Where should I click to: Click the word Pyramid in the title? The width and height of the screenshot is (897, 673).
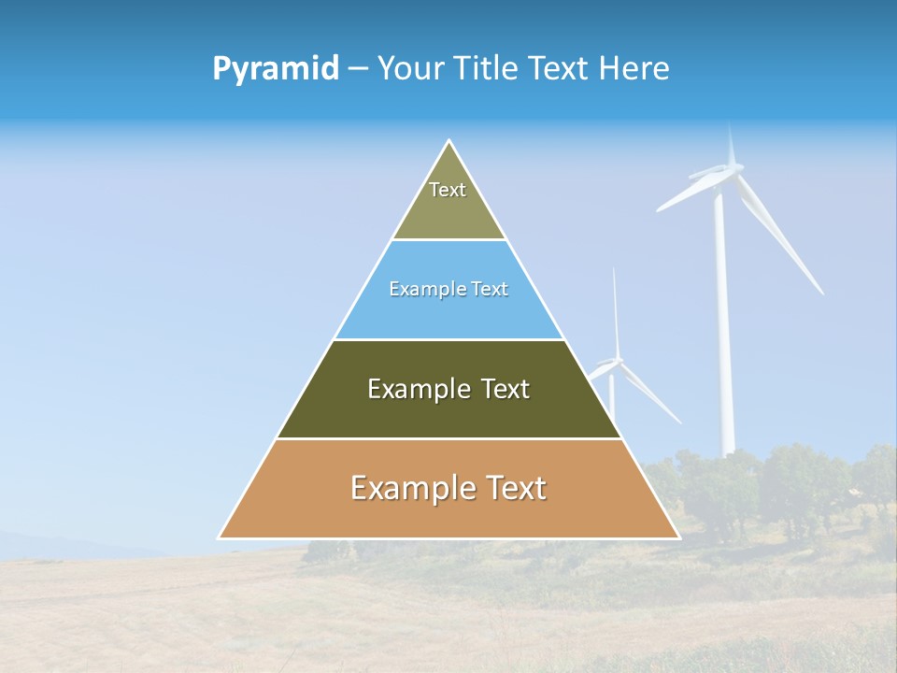[276, 69]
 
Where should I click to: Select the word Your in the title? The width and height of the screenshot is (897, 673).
[409, 69]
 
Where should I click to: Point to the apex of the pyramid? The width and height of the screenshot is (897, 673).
[449, 142]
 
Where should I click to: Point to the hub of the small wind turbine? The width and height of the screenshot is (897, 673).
[614, 361]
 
